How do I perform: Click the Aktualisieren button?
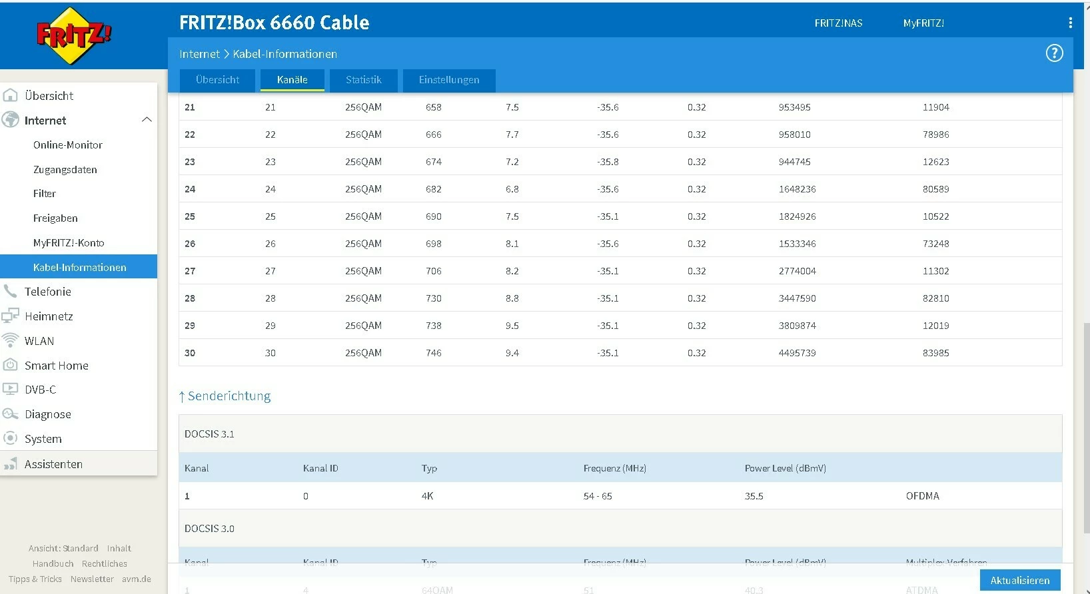coord(1019,580)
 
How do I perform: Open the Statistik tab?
coord(363,80)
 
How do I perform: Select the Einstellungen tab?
coord(449,80)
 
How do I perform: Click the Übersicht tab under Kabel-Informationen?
coord(217,80)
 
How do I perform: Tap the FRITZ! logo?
coord(74,35)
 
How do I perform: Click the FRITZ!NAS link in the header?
coord(838,23)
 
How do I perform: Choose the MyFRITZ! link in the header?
coord(923,23)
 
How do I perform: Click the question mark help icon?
coord(1054,53)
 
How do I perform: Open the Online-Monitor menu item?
coord(68,145)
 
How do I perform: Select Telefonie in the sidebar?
coord(47,292)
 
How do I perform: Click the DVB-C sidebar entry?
coord(40,390)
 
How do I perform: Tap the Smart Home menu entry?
coord(56,366)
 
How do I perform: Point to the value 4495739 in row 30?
coord(797,353)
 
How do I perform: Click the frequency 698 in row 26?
coord(434,244)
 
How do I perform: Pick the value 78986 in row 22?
coord(935,135)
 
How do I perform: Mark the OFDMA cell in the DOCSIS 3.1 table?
coord(922,496)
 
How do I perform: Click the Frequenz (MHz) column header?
coord(614,468)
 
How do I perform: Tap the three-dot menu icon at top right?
coord(1070,23)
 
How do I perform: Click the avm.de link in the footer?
coord(136,579)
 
